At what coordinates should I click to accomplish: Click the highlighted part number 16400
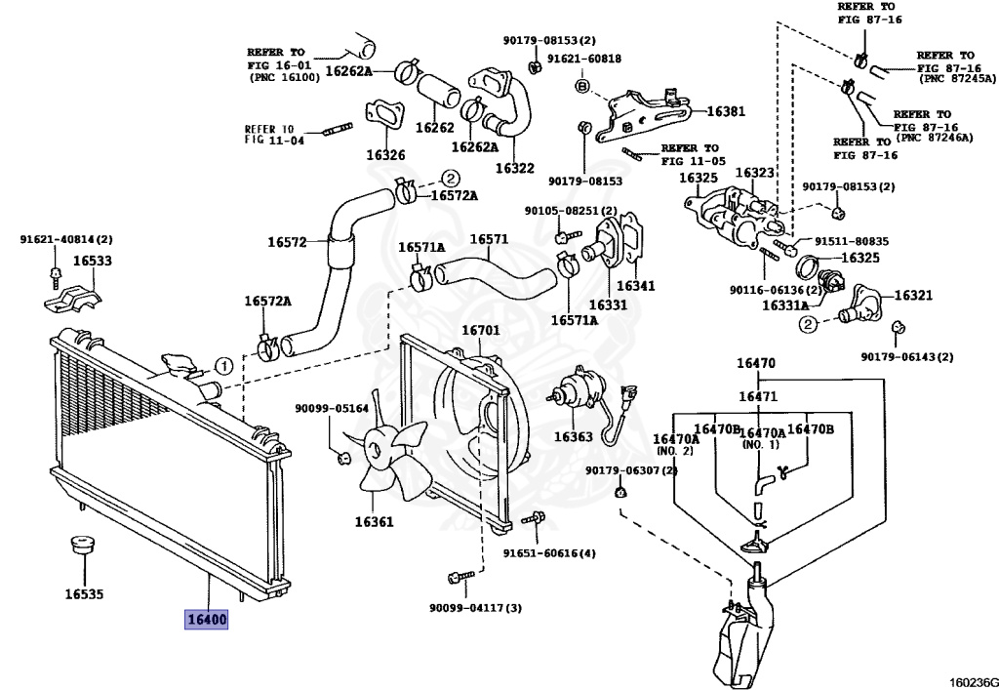click(207, 620)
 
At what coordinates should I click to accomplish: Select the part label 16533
click(92, 262)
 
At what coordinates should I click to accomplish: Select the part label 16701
click(480, 330)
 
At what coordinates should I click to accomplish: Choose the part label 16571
click(490, 239)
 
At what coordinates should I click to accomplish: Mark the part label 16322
click(514, 168)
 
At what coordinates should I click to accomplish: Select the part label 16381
click(725, 111)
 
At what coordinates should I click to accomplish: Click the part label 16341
click(635, 287)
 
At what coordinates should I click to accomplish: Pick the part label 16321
click(913, 295)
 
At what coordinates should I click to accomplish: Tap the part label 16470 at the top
click(756, 364)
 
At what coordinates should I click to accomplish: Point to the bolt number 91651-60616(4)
click(549, 554)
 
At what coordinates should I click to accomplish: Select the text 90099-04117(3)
click(475, 608)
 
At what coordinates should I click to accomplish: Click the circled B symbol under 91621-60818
click(581, 87)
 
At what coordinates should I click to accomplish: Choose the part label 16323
click(754, 173)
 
